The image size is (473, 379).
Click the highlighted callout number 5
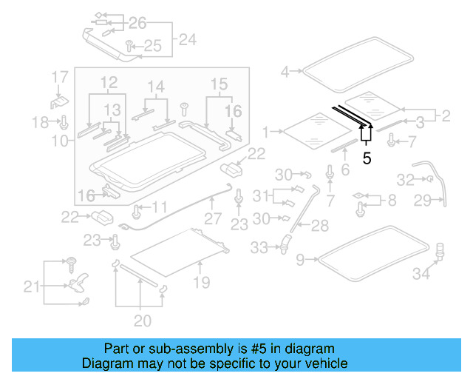[x=367, y=158]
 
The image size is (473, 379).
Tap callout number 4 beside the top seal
[x=285, y=72]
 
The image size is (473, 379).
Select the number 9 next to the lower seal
[x=299, y=259]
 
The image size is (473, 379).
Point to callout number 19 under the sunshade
[x=201, y=282]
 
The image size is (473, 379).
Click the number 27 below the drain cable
[x=213, y=219]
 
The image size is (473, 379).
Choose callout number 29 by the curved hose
[x=422, y=200]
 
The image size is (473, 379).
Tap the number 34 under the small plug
[x=421, y=275]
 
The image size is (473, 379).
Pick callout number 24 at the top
[x=188, y=39]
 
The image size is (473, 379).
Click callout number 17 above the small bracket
[x=60, y=76]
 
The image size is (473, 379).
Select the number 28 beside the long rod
[x=319, y=225]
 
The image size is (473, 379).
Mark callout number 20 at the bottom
[x=142, y=321]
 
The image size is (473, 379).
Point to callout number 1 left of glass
[x=266, y=133]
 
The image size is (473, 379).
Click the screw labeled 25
[x=129, y=45]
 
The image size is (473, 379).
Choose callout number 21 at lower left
[x=32, y=286]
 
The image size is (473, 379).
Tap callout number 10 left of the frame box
[x=60, y=139]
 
